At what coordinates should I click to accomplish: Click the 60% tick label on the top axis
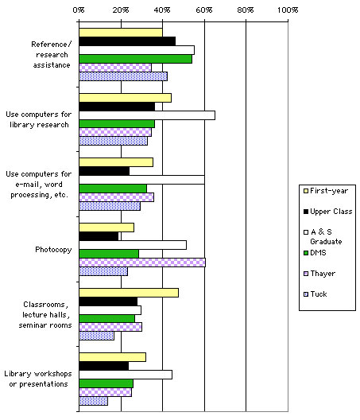(203, 10)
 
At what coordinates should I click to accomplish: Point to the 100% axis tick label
(286, 10)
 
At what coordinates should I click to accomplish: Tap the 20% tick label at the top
(121, 10)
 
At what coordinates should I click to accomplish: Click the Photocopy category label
(53, 249)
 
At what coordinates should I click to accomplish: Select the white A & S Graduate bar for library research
(146, 115)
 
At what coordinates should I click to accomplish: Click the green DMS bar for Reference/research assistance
(135, 59)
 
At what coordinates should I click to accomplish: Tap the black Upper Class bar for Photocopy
(99, 236)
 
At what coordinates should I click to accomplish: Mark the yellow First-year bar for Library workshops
(112, 356)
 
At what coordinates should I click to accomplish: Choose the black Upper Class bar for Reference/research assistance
(126, 41)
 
